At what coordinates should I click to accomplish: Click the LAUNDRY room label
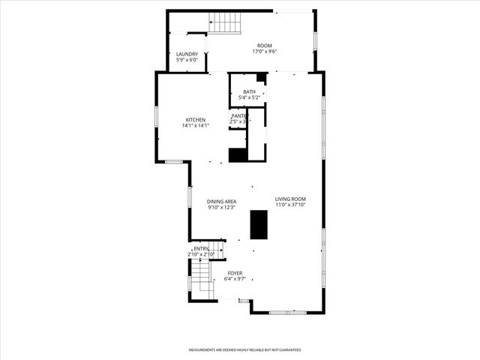click(x=187, y=54)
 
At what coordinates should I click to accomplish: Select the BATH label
click(x=248, y=91)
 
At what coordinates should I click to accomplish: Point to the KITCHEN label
click(x=196, y=120)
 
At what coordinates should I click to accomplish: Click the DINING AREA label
click(x=222, y=201)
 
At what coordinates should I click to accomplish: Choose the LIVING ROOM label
click(x=290, y=199)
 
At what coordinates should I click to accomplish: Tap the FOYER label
click(x=235, y=273)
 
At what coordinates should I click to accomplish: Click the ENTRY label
click(x=201, y=249)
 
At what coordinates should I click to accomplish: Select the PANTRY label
click(x=238, y=116)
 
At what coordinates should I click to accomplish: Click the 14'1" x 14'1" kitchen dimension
click(x=196, y=126)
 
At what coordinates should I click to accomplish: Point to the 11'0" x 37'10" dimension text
click(x=290, y=205)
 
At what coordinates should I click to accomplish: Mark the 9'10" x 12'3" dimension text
click(x=222, y=207)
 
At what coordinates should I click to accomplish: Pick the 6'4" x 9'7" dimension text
click(x=235, y=279)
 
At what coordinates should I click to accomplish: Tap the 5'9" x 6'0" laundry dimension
click(x=187, y=60)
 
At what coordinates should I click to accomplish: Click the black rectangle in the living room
click(x=259, y=224)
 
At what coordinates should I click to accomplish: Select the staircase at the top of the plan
click(x=226, y=24)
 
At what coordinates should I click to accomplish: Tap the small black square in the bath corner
click(x=261, y=78)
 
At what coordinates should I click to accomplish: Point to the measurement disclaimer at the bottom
click(x=244, y=349)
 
